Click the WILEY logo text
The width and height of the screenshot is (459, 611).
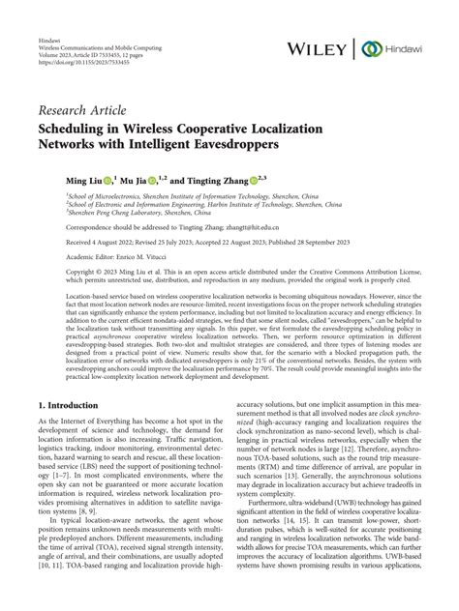coord(323,49)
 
